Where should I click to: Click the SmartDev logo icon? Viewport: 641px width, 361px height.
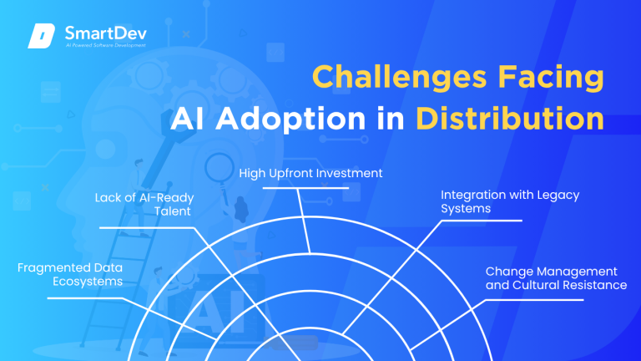pyautogui.click(x=43, y=36)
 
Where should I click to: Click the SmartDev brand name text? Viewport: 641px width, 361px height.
pyautogui.click(x=98, y=33)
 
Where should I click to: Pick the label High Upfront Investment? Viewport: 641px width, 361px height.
pyautogui.click(x=310, y=174)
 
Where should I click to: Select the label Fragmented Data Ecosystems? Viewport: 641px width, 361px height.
pyautogui.click(x=70, y=274)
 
